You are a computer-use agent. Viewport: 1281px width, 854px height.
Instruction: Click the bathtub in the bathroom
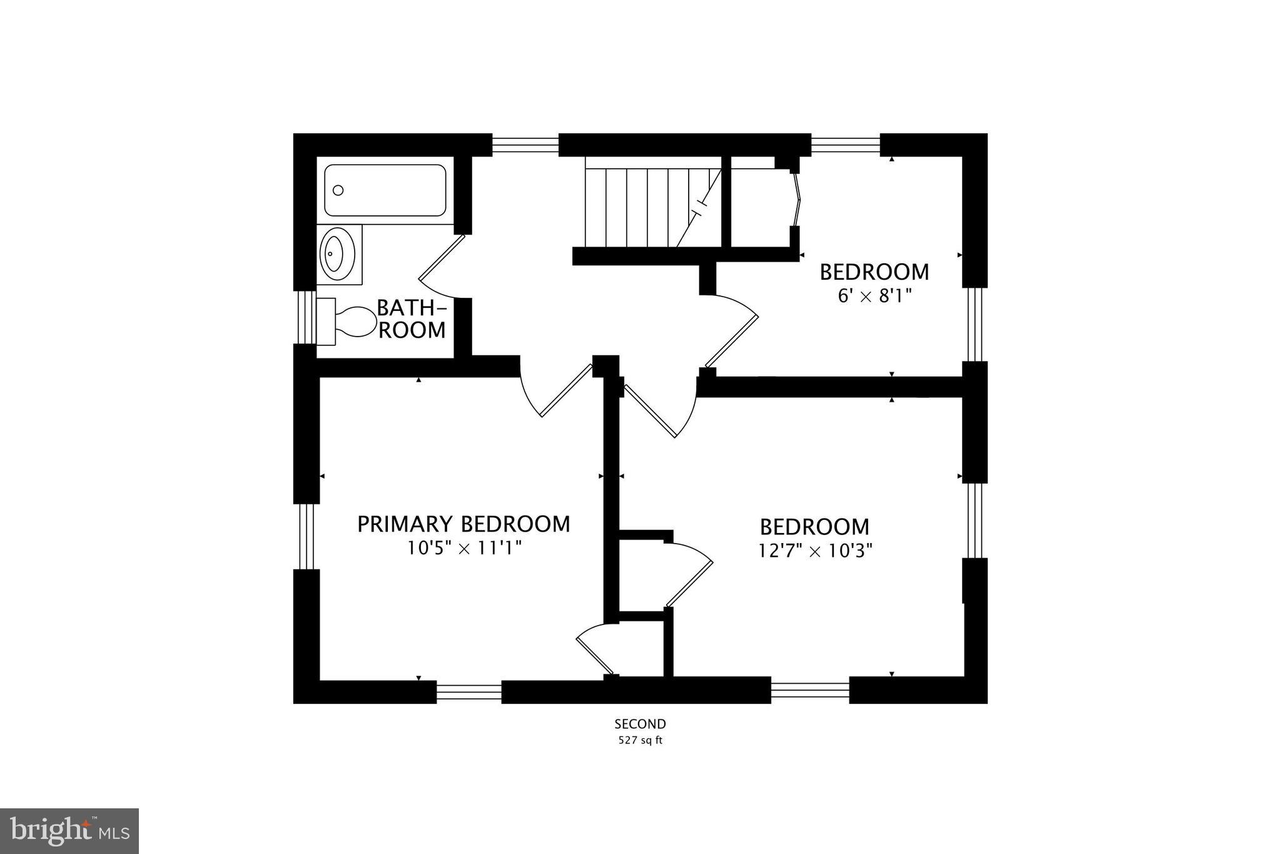coord(385,190)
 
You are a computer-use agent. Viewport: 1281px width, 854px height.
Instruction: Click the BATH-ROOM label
coord(412,318)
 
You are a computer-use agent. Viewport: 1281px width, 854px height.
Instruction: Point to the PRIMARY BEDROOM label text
coord(463,524)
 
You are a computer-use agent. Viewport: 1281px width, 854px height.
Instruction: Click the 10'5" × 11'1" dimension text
coord(463,549)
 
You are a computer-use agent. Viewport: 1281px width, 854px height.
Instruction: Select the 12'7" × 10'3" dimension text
coord(815,551)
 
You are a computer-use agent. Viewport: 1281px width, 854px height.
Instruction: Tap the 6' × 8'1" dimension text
coord(874,296)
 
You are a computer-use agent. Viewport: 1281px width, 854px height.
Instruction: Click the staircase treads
coord(644,207)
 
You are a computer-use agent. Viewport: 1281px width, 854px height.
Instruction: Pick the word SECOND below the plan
coord(640,724)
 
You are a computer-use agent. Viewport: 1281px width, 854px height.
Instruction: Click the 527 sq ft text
coord(640,741)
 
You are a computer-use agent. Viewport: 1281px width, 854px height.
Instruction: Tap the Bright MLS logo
coord(69,831)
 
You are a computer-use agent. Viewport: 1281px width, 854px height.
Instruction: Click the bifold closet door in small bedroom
coord(796,200)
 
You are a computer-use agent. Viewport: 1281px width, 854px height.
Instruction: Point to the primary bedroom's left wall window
coord(306,536)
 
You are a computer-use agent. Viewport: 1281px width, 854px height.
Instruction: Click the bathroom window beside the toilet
coord(306,317)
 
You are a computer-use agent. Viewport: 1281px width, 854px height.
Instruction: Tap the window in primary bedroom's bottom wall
coord(468,691)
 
